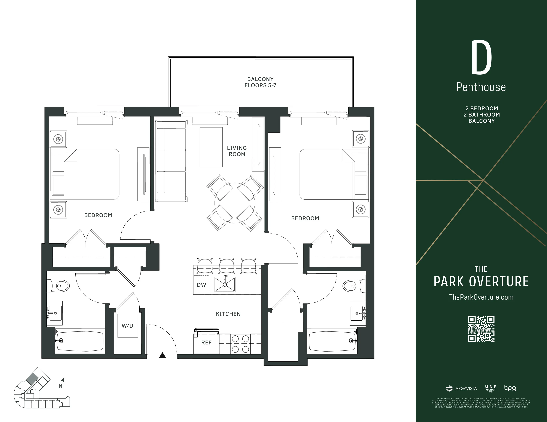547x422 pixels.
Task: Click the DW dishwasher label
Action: click(x=201, y=285)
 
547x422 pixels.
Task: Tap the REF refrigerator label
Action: click(x=206, y=343)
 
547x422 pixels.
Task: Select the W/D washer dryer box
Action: click(x=127, y=326)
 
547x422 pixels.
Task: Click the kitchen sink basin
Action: click(x=225, y=284)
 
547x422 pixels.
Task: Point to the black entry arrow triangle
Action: click(x=163, y=355)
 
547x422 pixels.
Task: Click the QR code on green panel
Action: click(x=481, y=329)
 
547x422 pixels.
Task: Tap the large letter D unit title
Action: click(x=481, y=58)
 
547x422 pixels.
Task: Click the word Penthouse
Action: click(x=481, y=87)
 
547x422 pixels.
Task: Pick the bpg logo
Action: click(x=510, y=388)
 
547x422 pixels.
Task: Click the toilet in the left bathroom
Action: click(x=60, y=285)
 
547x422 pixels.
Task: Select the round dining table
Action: click(x=235, y=203)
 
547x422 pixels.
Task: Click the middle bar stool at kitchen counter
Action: click(x=227, y=265)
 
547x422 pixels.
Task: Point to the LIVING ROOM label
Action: click(x=237, y=151)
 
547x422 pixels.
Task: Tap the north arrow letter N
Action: click(x=60, y=386)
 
